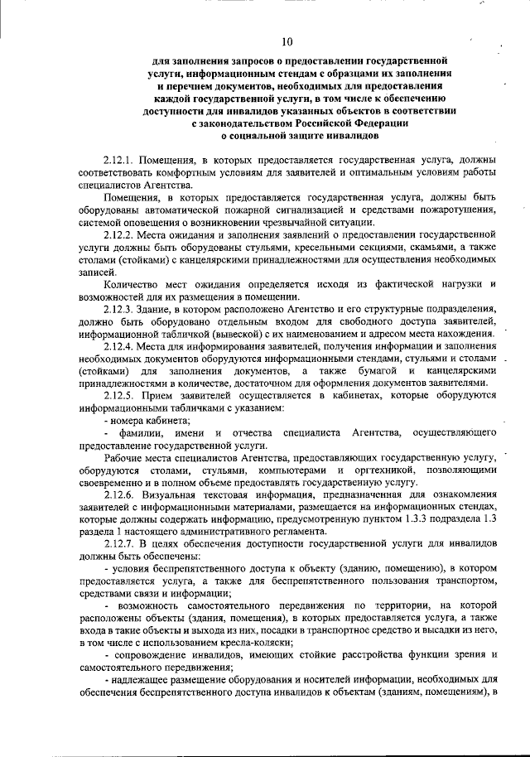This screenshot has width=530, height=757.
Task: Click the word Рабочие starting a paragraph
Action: point(125,458)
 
